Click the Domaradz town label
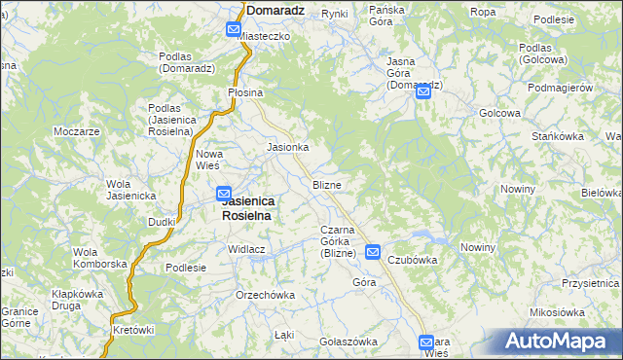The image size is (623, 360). (x=277, y=10)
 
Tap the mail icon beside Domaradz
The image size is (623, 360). (x=234, y=30)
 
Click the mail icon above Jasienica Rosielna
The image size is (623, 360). (x=224, y=194)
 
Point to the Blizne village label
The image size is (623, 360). (x=326, y=184)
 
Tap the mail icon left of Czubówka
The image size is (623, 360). (x=374, y=252)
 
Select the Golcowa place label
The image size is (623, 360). (x=498, y=113)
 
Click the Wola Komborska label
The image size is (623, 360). (x=100, y=258)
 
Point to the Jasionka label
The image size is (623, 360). (x=288, y=147)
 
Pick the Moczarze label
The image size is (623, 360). (x=78, y=130)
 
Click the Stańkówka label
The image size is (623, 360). (x=557, y=136)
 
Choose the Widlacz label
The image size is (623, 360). (x=247, y=249)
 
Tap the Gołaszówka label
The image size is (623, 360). (x=348, y=342)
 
